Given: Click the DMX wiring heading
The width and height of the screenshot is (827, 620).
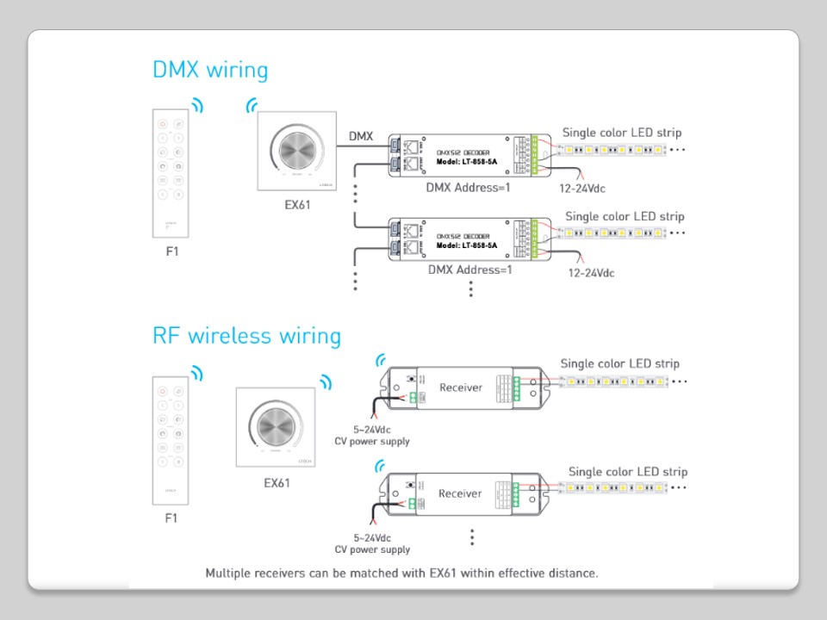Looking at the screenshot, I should coord(210,70).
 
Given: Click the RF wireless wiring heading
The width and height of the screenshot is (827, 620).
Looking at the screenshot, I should coord(246,335).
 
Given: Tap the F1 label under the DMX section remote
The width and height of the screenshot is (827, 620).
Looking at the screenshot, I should coord(171,252).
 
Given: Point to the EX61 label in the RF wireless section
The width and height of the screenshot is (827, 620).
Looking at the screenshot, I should coord(277,482).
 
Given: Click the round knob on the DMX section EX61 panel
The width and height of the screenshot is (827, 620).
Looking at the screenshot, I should coord(297,152).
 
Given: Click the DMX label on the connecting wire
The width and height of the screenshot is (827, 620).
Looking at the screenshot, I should coord(361,136).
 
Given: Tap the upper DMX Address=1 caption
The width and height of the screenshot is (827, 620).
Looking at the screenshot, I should coord(468,186).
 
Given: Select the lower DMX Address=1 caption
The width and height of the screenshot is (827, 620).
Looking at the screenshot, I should coord(469,270).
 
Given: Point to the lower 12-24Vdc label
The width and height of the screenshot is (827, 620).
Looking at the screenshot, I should coord(591,273).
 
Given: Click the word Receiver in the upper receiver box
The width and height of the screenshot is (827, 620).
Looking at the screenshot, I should coord(461,387).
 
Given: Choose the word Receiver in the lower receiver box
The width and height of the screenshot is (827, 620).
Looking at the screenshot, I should coord(460,493).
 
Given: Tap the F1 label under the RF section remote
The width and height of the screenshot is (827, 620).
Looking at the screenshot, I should coord(171,518).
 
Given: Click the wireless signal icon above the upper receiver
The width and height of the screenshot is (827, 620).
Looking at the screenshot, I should coord(380,360).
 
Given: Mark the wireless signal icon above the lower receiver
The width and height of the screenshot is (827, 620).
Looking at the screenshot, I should coord(380,466).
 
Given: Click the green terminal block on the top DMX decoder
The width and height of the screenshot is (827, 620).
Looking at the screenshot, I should coord(539,152).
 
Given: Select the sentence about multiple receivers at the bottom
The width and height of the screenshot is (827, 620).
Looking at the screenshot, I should coord(401,572).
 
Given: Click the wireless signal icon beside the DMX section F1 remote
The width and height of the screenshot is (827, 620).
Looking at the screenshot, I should coord(199,105).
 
